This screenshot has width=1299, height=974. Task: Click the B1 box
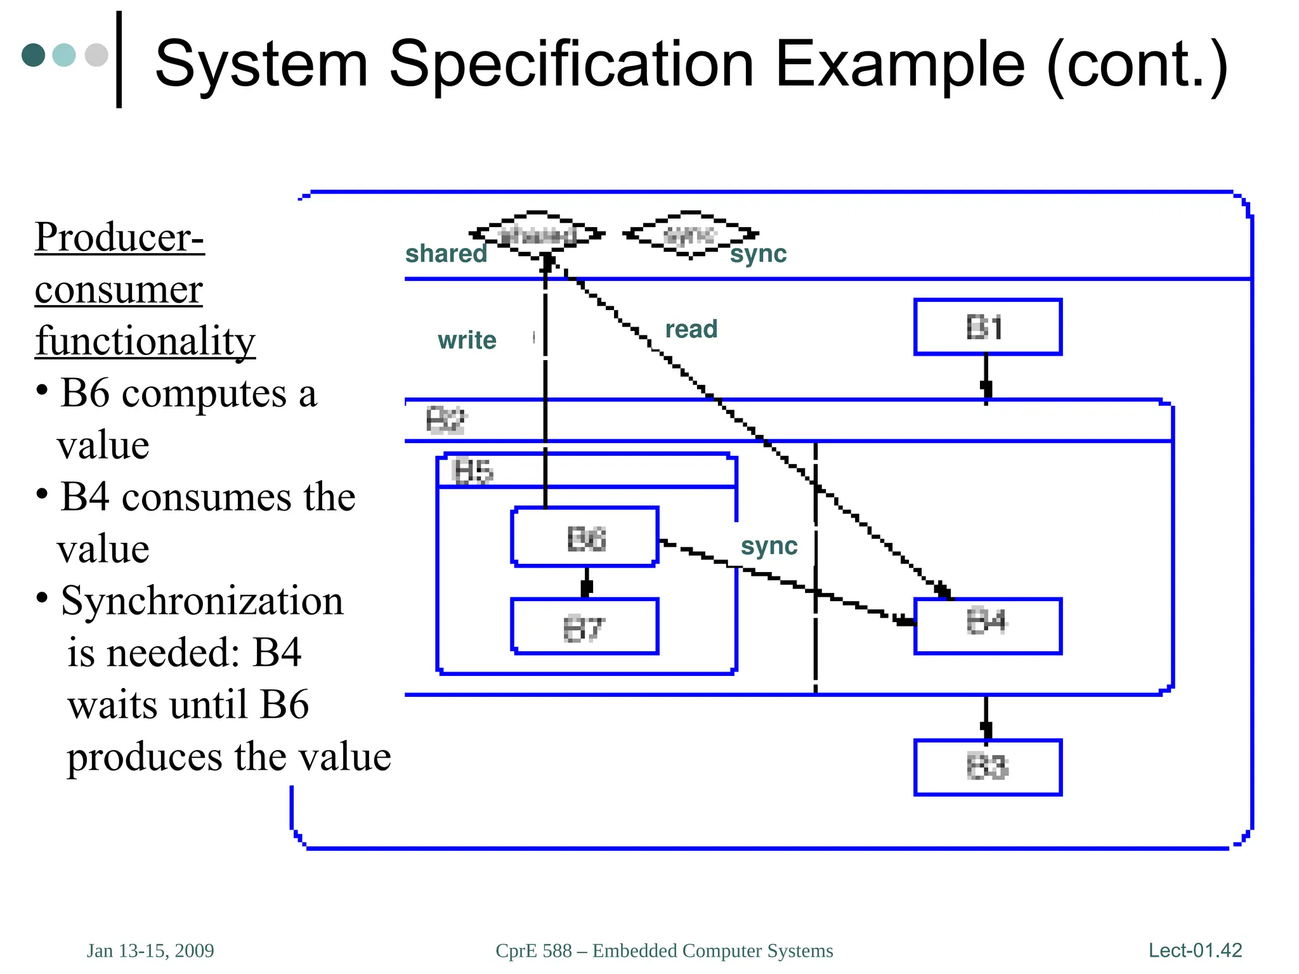click(987, 327)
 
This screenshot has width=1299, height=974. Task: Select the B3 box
click(987, 767)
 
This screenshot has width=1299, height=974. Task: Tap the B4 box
click(987, 625)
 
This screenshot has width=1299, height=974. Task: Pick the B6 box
click(585, 537)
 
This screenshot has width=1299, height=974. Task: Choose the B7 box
click(585, 627)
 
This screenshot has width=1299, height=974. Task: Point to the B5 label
click(473, 471)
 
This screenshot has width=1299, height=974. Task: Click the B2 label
click(445, 420)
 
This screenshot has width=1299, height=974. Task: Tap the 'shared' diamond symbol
click(537, 235)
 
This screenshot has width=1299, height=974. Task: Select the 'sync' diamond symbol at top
click(690, 235)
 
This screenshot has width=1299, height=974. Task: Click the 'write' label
click(467, 341)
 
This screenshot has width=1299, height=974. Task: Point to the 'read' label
click(691, 329)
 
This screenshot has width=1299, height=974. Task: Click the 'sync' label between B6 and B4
click(769, 546)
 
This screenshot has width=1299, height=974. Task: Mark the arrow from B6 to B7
click(587, 582)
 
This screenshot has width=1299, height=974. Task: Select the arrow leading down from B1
click(986, 378)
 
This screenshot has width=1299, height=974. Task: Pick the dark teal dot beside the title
click(34, 55)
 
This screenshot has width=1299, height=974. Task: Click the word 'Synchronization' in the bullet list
click(202, 601)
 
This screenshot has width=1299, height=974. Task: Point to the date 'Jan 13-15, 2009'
click(150, 951)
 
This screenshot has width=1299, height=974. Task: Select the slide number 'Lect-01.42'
click(1195, 950)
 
